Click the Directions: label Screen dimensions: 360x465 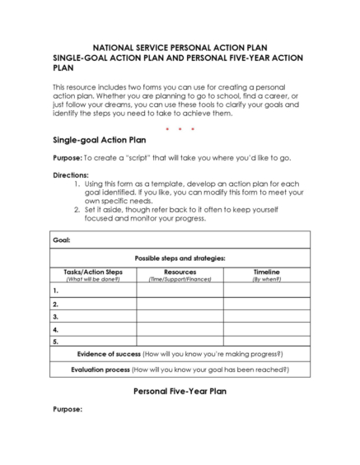70,175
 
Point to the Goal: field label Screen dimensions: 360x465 61,239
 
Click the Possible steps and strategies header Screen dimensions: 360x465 180,258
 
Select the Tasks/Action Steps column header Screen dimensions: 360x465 93,272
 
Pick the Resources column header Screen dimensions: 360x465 180,272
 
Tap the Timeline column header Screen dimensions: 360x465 266,272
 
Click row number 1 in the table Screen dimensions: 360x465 55,290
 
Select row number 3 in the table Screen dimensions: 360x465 55,316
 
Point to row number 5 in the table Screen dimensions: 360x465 55,340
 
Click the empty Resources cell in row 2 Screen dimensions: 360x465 180,303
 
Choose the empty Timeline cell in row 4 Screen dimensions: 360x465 266,328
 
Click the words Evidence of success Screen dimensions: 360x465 109,353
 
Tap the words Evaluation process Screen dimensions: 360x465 105,370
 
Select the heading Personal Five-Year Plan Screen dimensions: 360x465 180,392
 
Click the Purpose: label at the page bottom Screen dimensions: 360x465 67,409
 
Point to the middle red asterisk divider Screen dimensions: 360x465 180,128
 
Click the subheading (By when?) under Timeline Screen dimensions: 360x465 266,279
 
